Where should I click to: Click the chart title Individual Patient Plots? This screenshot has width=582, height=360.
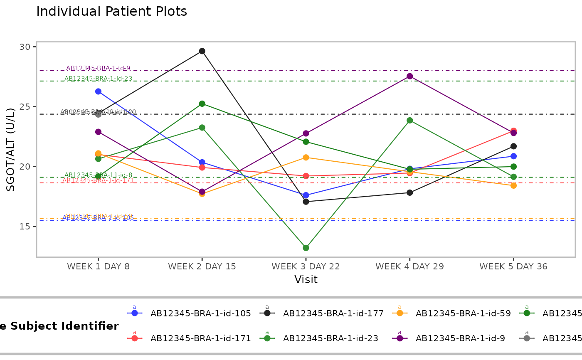pos(111,12)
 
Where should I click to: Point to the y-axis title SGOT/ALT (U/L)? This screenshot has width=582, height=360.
pos(11,149)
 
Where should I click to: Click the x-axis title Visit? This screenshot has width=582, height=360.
pos(306,279)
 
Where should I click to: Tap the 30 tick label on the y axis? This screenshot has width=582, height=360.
pos(26,47)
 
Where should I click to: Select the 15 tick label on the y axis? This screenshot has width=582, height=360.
pos(26,227)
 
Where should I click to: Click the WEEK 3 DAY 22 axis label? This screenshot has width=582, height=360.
pos(306,266)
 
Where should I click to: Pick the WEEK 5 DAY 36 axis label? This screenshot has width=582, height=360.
pos(513,266)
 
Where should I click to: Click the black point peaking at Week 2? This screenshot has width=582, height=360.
pos(202,51)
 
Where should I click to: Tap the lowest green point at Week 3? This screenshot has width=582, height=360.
pos(306,248)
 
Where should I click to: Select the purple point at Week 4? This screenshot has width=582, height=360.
pos(409,76)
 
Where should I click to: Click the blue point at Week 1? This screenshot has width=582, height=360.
pos(98,91)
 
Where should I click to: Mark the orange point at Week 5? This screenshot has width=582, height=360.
pos(513,185)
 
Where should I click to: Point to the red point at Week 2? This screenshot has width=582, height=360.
pos(202,168)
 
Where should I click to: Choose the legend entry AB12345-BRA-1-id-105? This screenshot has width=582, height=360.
pos(200,313)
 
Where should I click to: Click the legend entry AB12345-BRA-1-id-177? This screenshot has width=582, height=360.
pos(333,313)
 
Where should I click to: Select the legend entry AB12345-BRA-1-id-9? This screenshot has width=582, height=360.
pos(460,338)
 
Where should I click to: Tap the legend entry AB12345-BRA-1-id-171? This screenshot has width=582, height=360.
pos(200,338)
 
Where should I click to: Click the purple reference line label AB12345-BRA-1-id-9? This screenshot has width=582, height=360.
pos(98,68)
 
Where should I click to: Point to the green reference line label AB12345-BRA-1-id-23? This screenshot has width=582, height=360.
pos(98,79)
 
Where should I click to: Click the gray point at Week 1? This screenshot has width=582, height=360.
pos(98,114)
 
